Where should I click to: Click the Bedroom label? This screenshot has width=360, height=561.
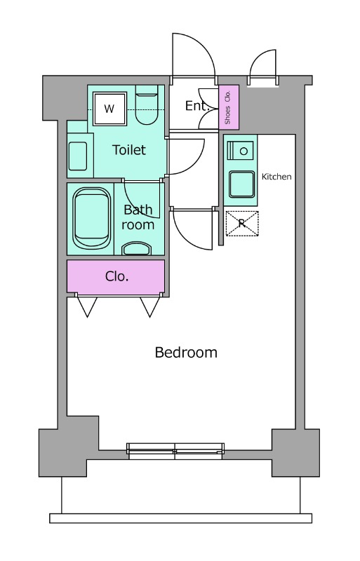(x=186, y=353)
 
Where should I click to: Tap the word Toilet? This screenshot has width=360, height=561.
(x=129, y=150)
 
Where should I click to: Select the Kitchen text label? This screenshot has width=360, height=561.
(x=276, y=177)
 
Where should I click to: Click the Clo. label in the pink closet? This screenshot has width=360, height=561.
(x=116, y=276)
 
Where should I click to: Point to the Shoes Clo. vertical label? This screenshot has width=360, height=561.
(x=227, y=107)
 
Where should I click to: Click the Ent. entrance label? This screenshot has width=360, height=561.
(x=197, y=106)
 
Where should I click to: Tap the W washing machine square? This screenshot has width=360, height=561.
(x=109, y=109)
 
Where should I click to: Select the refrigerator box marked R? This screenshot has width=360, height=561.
(x=242, y=224)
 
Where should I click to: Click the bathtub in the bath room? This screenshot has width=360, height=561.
(x=92, y=218)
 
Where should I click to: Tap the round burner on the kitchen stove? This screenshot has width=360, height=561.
(x=244, y=151)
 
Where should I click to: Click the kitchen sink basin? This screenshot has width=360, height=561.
(x=242, y=184)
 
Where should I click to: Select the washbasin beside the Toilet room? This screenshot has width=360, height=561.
(x=78, y=156)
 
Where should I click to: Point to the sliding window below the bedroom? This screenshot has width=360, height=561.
(x=175, y=451)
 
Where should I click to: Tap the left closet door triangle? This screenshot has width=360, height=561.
(x=87, y=306)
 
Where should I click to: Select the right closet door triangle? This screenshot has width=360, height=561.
(x=149, y=306)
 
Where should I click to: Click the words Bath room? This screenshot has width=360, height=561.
(x=138, y=217)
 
